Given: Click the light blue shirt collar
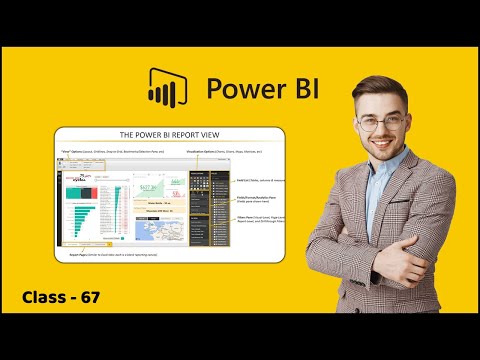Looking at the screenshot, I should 386,185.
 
